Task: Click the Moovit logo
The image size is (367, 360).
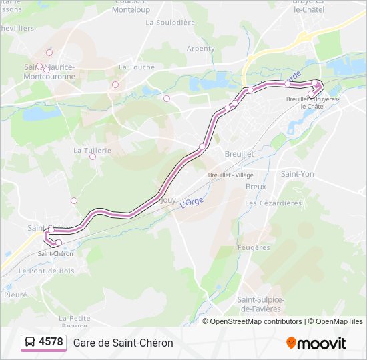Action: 316,343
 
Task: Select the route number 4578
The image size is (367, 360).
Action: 51,343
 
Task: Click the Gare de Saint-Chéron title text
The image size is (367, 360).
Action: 123,343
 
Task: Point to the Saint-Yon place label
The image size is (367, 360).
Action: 297,174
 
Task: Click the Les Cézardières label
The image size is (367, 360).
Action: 274,203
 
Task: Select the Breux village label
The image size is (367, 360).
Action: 256,187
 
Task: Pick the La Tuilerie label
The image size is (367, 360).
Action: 92,151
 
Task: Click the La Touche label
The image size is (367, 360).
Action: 137,67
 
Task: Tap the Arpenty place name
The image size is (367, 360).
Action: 201,49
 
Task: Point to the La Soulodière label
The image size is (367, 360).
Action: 169,22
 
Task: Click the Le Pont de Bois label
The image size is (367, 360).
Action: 47,271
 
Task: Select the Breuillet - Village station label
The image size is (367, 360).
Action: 230,175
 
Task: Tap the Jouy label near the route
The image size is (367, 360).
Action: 168,199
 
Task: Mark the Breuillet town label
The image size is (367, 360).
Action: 239,153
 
